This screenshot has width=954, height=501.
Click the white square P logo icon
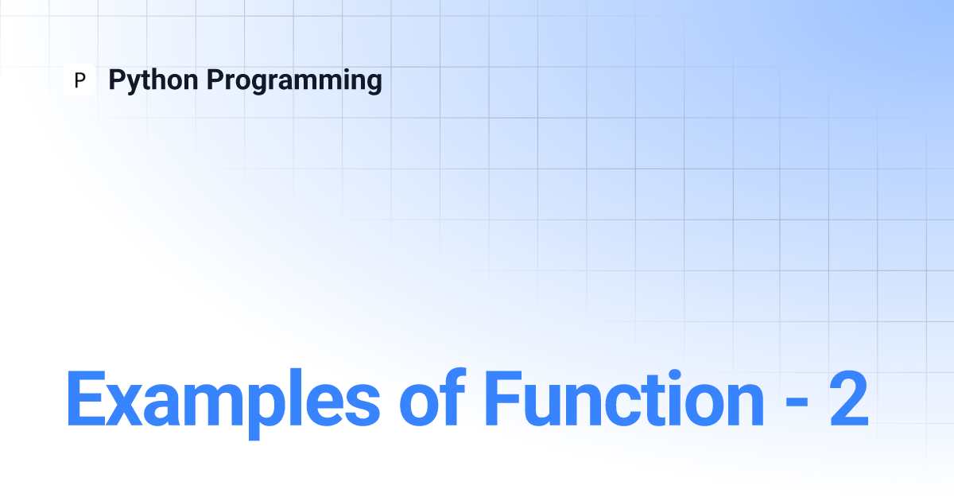(79, 80)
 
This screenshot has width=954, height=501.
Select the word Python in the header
(153, 80)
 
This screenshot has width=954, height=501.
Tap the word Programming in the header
(294, 80)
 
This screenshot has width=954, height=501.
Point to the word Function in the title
(624, 398)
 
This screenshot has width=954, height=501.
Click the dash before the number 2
(797, 403)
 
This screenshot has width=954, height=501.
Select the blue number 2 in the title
(848, 398)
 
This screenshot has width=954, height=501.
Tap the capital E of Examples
(86, 398)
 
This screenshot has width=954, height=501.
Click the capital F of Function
(503, 398)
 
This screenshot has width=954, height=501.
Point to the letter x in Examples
(124, 405)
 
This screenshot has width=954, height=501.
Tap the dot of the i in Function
(674, 375)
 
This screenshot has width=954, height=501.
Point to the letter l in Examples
(301, 397)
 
